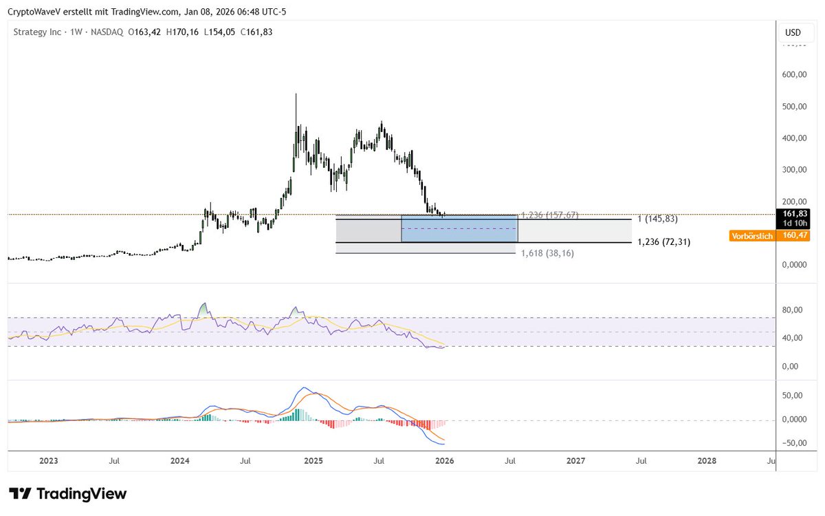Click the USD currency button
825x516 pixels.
(793, 32)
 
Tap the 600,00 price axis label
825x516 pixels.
(795, 75)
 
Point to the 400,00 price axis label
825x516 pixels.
(795, 138)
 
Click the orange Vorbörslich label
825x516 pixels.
(751, 236)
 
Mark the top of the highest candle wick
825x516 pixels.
(296, 94)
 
